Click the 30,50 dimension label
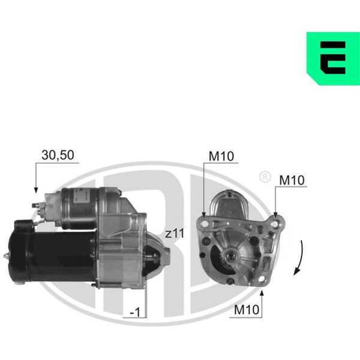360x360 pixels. (x=58, y=155)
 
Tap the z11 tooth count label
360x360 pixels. (x=175, y=234)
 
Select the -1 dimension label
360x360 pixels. (x=135, y=312)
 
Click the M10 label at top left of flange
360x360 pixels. (x=221, y=157)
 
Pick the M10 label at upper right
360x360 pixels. (x=292, y=180)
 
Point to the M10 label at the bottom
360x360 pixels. (x=247, y=310)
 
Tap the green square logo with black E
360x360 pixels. (x=333, y=58)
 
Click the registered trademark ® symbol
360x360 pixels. (x=265, y=177)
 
